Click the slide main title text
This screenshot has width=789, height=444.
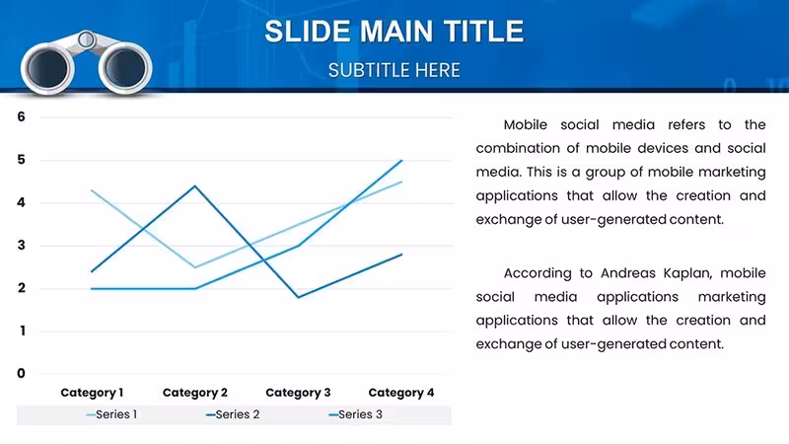coord(394,32)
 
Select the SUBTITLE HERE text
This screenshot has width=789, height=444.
coord(394,70)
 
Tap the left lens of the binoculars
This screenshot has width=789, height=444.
coord(47,68)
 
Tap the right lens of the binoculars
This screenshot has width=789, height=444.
coord(125,68)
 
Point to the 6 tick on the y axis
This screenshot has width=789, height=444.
coord(21,116)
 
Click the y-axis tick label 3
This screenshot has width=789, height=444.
coord(21,245)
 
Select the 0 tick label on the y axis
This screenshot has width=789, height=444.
coord(21,373)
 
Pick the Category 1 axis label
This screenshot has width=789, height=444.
coord(92,393)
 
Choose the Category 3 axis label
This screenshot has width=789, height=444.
coord(298,393)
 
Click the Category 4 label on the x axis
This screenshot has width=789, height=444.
coord(401,393)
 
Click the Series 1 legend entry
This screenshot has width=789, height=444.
coord(111,414)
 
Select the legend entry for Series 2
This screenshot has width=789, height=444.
coord(233,414)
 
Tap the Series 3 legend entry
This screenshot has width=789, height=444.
coord(356,414)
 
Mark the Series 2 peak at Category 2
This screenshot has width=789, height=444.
coord(194,186)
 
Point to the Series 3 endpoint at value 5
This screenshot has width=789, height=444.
coord(401,160)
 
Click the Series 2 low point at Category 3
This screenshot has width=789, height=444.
coord(299,297)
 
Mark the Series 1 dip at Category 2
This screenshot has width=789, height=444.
coord(194,267)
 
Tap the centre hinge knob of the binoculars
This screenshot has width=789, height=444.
coord(87,38)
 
